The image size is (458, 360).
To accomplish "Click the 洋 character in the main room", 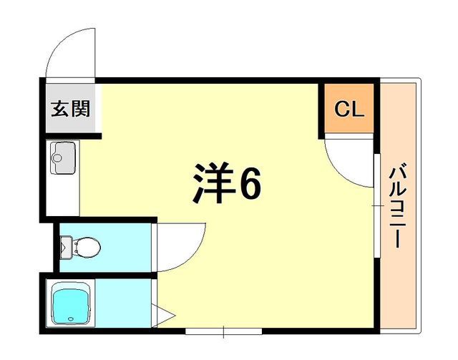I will click(211, 185).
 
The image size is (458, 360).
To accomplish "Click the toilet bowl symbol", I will click(87, 248).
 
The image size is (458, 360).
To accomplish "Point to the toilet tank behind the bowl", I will click(67, 248).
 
